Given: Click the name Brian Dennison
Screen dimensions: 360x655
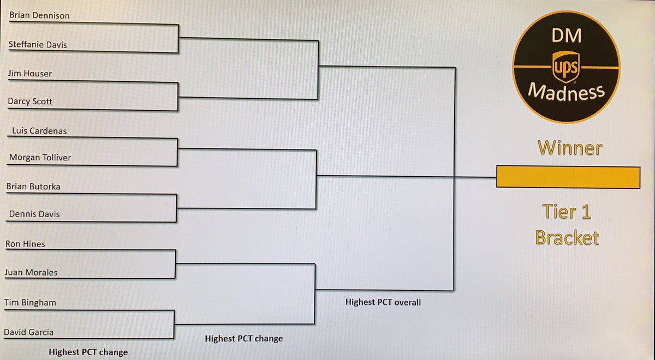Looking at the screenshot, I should [x=39, y=16].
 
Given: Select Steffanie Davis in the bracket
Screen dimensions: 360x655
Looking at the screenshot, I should [x=38, y=45].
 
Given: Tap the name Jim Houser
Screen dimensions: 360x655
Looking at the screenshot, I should [x=31, y=73].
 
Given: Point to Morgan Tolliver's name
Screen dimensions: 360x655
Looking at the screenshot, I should [x=40, y=158].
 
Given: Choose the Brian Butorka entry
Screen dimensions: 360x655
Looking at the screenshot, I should [x=33, y=186].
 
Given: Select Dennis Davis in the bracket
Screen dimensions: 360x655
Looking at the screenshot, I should [x=34, y=214].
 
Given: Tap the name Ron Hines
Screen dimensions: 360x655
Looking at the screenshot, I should [x=25, y=244].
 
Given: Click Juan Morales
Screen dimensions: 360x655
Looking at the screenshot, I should [x=31, y=272].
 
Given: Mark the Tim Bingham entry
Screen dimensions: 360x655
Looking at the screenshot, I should [x=31, y=302].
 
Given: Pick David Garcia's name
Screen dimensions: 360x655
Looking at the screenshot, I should [x=29, y=332].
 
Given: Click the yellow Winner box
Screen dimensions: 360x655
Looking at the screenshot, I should [x=568, y=177].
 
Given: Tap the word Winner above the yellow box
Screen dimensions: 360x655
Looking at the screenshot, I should [x=570, y=148].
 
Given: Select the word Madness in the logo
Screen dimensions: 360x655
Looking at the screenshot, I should [x=566, y=92].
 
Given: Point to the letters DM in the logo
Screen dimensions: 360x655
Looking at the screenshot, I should [x=565, y=35].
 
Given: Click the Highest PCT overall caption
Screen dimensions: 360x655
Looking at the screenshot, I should [x=383, y=302].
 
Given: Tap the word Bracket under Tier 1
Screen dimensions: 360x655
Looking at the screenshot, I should [x=567, y=238].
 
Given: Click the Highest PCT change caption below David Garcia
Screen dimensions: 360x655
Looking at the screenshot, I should [x=88, y=352].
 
